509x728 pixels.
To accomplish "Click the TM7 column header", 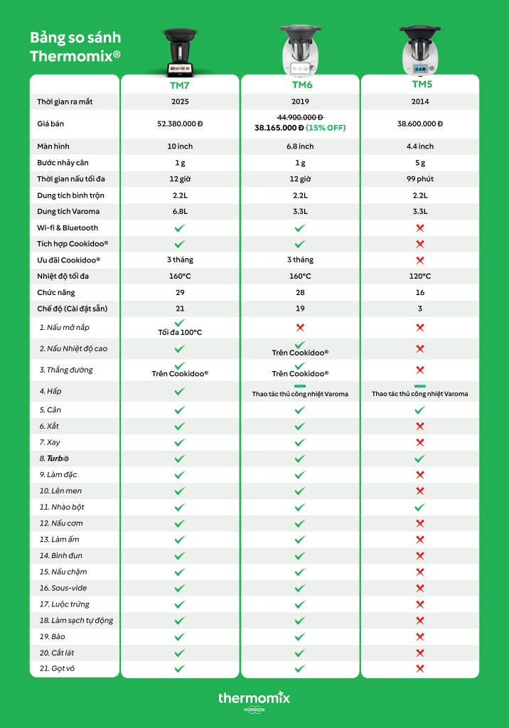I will [x=179, y=85].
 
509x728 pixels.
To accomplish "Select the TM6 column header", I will [x=300, y=85].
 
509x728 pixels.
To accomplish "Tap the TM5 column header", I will [x=420, y=85].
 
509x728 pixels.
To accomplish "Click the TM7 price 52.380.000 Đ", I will [x=180, y=124].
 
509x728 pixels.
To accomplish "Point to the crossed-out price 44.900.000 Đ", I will [x=299, y=117].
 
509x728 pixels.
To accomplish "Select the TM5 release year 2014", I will [x=420, y=102].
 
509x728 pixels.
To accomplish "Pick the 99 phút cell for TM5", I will [x=420, y=178].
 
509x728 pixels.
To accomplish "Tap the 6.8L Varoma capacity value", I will [x=180, y=211].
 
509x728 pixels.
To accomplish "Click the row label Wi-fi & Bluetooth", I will [x=68, y=227].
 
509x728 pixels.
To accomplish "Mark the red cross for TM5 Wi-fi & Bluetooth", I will [x=420, y=227].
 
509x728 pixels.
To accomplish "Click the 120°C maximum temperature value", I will [x=420, y=276].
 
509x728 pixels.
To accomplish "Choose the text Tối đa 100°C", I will [x=180, y=333].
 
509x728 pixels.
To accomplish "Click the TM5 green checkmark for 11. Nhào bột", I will [x=420, y=507].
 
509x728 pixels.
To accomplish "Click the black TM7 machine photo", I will [x=179, y=52].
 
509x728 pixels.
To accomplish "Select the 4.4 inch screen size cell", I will [x=420, y=146].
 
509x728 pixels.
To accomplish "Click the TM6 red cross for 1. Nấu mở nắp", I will [x=300, y=328].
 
